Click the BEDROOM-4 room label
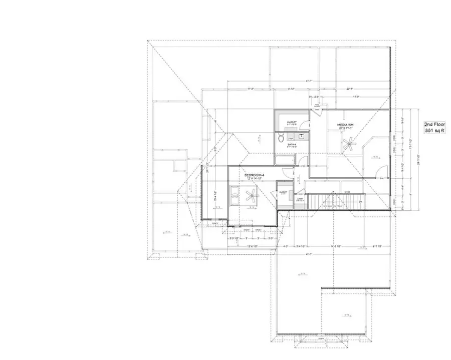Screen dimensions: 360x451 (255, 175)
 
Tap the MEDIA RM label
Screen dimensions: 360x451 (347, 123)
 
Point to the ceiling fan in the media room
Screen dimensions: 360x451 (349, 146)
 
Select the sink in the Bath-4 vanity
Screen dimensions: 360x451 (302, 136)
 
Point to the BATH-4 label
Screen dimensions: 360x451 (292, 145)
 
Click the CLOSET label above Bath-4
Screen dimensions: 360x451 (292, 122)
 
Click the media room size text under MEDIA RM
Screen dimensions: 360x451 (347, 128)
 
